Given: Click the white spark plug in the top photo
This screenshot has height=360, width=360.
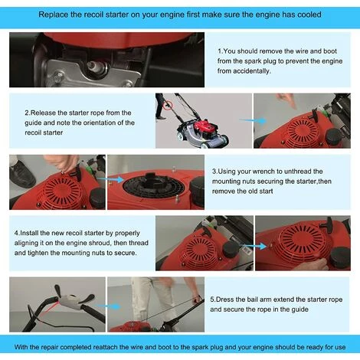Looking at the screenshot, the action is point(93,67).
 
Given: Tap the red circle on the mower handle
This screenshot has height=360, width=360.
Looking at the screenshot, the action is point(168,105).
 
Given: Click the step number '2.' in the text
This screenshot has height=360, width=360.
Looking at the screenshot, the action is point(28,113).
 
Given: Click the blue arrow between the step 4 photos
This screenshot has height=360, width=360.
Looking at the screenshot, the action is point(254,246).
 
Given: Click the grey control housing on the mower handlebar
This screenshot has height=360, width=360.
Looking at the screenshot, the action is point(70,300).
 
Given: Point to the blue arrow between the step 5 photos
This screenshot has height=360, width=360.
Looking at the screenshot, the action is point(109,306).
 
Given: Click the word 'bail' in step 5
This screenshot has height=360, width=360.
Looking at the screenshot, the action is point(252,299).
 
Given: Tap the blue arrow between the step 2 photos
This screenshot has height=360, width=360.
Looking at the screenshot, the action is point(253,120).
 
